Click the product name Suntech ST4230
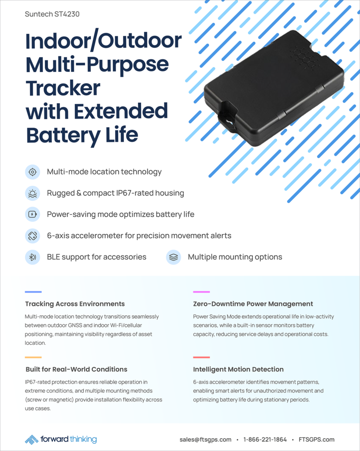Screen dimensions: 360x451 tap(52, 14)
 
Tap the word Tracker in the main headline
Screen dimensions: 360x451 tap(63, 88)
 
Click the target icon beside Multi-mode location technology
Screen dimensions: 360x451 tap(33, 172)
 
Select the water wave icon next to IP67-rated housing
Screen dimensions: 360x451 tap(33, 193)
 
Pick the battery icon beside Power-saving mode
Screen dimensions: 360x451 tap(33, 214)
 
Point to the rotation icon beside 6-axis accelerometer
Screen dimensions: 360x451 tap(33, 236)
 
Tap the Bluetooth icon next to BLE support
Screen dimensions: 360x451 tap(33, 257)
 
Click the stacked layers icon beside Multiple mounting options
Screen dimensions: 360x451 tap(174, 257)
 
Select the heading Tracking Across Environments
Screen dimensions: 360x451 tap(75, 304)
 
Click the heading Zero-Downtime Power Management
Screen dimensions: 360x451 tap(253, 304)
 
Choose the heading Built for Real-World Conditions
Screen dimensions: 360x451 tap(76, 370)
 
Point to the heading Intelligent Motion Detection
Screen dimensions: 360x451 tap(238, 370)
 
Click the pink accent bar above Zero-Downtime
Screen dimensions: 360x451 tap(201, 292)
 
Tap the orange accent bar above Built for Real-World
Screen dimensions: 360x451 tap(33, 357)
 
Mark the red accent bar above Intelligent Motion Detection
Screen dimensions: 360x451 tap(201, 357)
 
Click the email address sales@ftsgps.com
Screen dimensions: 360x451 tap(205, 440)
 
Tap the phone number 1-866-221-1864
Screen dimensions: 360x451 tap(265, 440)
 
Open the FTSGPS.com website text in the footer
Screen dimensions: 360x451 tap(316, 440)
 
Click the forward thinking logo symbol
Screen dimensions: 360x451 tap(31, 440)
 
